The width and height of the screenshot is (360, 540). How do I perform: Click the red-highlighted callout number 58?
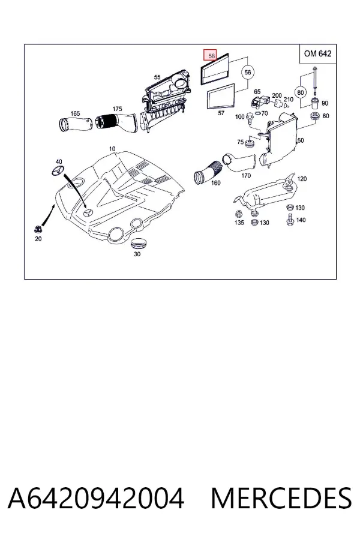(x=211, y=55)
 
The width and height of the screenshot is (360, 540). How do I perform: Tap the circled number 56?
(x=247, y=73)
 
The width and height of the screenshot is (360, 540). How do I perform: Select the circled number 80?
(x=301, y=92)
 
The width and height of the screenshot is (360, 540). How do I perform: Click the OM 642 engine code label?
(x=317, y=54)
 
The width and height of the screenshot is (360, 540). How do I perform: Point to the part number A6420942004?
(x=96, y=498)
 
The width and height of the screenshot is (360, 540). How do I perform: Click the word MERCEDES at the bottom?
(x=281, y=498)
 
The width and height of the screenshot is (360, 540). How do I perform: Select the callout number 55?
(x=157, y=77)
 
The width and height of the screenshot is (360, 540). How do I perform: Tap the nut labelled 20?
(x=38, y=229)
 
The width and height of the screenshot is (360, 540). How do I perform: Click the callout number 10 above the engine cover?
(x=112, y=149)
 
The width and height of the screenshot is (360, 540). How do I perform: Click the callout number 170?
(x=246, y=176)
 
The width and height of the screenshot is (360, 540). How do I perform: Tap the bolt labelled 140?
(x=290, y=220)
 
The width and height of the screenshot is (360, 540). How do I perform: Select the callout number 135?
(x=239, y=223)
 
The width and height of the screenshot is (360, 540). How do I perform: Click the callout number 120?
(x=302, y=179)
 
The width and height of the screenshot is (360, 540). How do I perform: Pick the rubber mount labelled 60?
(x=314, y=116)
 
